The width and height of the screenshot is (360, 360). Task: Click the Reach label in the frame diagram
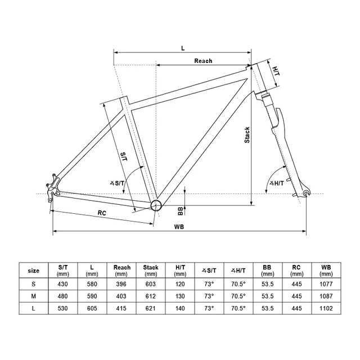[x=203, y=61]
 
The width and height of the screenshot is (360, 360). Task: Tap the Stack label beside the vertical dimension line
[x=247, y=135]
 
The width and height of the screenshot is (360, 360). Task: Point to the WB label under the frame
[x=179, y=227]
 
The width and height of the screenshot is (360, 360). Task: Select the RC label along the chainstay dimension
[x=102, y=213]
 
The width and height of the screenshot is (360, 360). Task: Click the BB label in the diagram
[x=181, y=211]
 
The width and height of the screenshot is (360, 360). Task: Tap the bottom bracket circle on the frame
[x=156, y=205]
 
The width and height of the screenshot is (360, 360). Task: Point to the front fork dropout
[x=306, y=193]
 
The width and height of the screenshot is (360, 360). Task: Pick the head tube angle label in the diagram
[x=276, y=183]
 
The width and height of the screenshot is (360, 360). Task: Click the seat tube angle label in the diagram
[x=117, y=183]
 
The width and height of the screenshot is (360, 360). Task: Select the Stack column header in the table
[x=151, y=270]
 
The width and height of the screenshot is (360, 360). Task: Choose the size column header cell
[x=34, y=271]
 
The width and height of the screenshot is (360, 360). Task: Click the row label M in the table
[x=34, y=296]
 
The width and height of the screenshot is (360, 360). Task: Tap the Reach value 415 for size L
[x=121, y=308]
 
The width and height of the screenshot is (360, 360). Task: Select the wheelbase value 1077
[x=326, y=284]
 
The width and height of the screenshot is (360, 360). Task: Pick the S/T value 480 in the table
[x=62, y=296]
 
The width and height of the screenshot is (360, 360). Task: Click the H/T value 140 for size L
[x=180, y=308]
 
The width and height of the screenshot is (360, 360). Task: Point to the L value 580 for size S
[x=92, y=284]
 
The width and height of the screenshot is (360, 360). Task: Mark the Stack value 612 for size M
[x=151, y=296]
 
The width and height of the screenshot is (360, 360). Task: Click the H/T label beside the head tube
[x=276, y=71]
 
